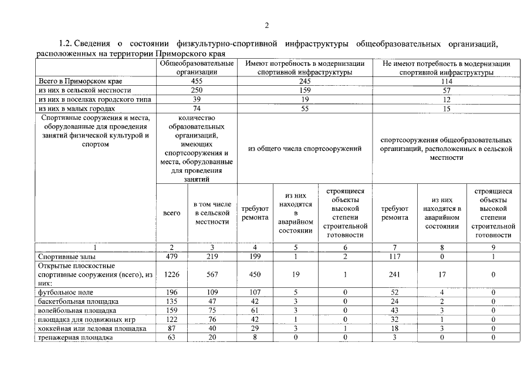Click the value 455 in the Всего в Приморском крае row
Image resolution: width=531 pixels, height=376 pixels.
[197, 82]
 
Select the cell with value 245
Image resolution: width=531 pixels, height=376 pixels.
[305, 82]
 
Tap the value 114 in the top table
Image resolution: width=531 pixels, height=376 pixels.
[446, 82]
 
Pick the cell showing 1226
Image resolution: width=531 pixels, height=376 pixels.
[171, 274]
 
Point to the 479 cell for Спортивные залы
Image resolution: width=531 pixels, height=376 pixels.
[171, 256]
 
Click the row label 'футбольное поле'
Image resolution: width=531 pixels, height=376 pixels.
[65, 292]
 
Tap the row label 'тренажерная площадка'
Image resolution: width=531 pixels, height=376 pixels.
[75, 337]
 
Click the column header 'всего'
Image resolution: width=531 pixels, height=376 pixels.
[171, 213]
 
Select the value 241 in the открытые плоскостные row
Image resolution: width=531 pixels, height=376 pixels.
[394, 274]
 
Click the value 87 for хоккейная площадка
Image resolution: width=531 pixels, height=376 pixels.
[171, 328]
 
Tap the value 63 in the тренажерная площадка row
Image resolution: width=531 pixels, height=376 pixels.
[171, 337]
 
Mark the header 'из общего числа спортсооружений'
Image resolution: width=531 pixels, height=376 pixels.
[305, 149]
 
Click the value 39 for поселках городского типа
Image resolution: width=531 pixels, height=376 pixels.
[197, 100]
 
